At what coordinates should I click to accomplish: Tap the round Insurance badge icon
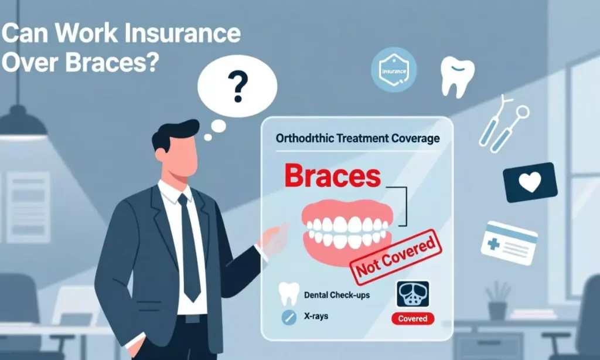tap(394, 70)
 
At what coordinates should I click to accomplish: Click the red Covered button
tap(413, 318)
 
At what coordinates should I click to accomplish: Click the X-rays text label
tap(316, 316)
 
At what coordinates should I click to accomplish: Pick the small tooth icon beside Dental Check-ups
tap(287, 294)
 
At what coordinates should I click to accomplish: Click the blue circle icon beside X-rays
tap(287, 317)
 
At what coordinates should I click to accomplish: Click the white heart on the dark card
tap(530, 183)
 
